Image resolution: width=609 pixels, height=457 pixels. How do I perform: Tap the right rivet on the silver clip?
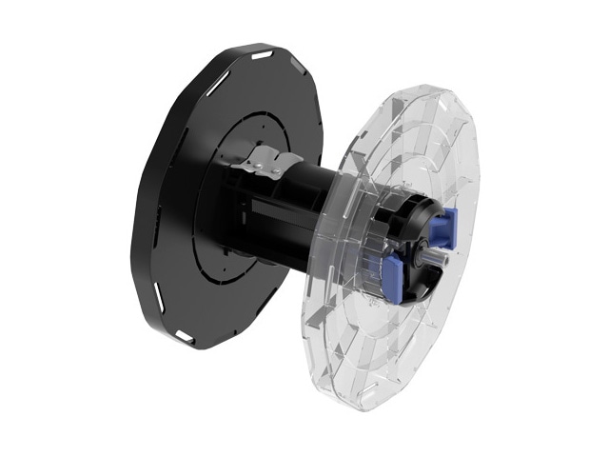coord(276,171)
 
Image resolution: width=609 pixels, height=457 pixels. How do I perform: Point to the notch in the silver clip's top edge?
coord(269,152)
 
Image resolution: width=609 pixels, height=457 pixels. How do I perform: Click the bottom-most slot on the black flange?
coord(187,335)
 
